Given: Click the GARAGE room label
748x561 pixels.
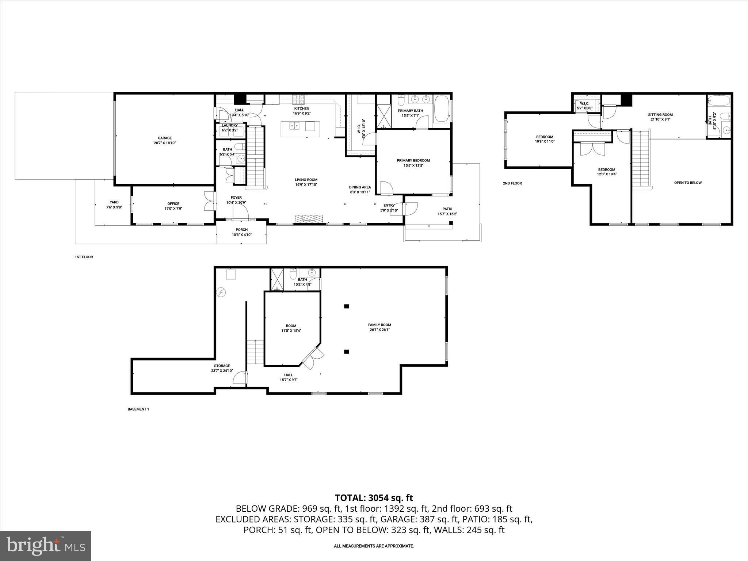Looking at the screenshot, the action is coord(165,138).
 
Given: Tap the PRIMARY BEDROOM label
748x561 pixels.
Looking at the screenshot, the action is coord(413,160).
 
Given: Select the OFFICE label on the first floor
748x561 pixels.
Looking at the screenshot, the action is coord(173,204).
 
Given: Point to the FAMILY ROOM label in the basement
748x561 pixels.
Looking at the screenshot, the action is coord(379,325).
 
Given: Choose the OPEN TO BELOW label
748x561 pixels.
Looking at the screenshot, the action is coord(688,183).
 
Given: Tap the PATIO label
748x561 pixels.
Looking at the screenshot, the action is coord(447,209).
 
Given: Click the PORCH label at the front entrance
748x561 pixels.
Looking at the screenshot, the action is coord(241,230).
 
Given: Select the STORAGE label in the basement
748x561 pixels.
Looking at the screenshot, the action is coord(222,366).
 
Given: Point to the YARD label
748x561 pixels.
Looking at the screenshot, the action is coord(114,202).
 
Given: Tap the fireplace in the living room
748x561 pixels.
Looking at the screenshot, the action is coord(309,218).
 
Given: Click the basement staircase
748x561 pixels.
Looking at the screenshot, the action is coord(255,352).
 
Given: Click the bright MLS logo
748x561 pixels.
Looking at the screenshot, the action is coord(46,546).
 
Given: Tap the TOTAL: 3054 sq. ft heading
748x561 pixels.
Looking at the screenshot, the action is coord(374,498).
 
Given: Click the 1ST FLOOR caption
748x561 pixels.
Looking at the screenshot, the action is coord(84,257).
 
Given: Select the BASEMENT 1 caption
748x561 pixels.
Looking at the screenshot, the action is coord(138,409).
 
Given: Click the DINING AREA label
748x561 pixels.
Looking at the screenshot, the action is coord(360,187).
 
